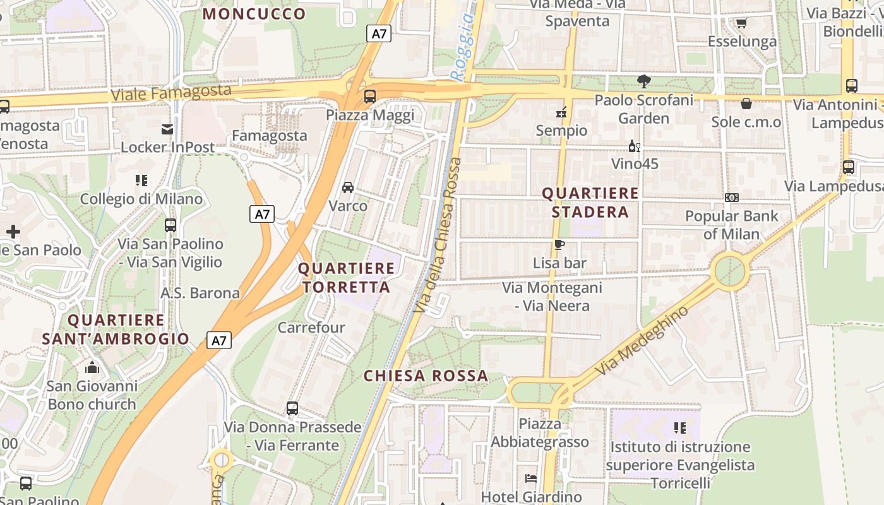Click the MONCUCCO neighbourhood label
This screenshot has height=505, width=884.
pyautogui.click(x=254, y=14)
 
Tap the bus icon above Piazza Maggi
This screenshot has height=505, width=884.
pyautogui.click(x=370, y=97)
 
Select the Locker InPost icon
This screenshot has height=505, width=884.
pyautogui.click(x=167, y=129)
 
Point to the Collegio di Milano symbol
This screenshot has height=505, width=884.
pyautogui.click(x=141, y=181)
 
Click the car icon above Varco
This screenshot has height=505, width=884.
pyautogui.click(x=348, y=187)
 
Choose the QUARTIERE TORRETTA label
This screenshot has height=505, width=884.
pyautogui.click(x=346, y=278)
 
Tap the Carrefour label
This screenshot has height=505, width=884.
pyautogui.click(x=311, y=327)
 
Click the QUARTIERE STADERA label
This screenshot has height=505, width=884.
pyautogui.click(x=590, y=202)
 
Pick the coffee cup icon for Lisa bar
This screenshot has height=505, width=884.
pyautogui.click(x=559, y=244)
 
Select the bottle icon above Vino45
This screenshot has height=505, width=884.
pyautogui.click(x=634, y=146)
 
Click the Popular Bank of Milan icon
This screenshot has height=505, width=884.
pyautogui.click(x=732, y=198)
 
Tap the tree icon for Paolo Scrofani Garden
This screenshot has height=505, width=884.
pyautogui.click(x=644, y=81)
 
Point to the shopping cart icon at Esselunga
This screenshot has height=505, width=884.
pyautogui.click(x=741, y=23)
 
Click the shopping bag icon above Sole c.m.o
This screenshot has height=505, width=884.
pyautogui.click(x=746, y=104)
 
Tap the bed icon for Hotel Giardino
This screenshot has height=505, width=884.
pyautogui.click(x=530, y=478)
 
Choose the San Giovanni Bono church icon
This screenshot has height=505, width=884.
pyautogui.click(x=92, y=367)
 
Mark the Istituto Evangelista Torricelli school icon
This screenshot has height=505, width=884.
pyautogui.click(x=680, y=428)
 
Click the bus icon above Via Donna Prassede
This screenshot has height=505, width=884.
pyautogui.click(x=292, y=408)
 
